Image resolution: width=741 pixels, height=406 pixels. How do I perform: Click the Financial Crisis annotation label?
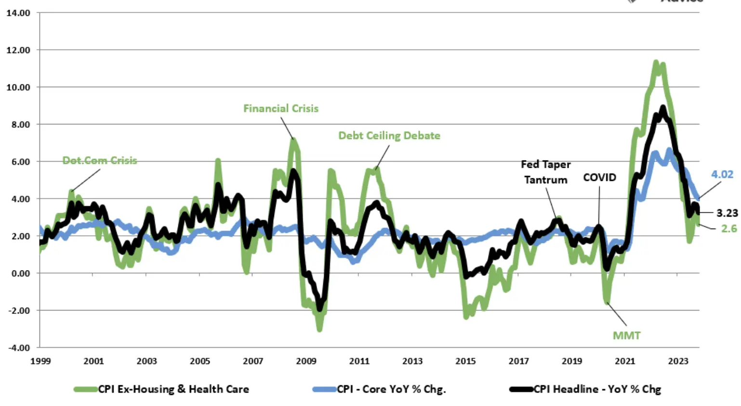pos(280,108)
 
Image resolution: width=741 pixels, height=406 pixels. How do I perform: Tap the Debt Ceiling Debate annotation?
pos(389,135)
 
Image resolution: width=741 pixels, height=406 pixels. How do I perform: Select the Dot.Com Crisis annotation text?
pos(100,161)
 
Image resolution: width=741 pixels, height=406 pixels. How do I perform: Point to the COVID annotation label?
pos(599,177)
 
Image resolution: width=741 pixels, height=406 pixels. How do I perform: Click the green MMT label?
pos(626,335)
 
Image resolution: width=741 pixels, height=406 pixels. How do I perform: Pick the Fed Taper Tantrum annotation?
pos(545,172)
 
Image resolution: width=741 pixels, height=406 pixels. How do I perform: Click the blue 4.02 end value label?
pos(722,174)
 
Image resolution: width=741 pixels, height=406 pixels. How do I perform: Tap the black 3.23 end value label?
pos(727,213)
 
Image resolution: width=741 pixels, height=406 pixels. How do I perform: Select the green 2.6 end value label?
pos(728,228)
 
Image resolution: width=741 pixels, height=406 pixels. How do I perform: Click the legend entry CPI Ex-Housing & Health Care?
pos(173,389)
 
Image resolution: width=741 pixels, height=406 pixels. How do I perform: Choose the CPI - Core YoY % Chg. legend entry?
pos(391,389)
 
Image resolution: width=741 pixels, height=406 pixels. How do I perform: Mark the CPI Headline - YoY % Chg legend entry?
pos(597,389)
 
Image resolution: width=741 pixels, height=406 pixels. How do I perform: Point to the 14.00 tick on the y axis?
pos(18,13)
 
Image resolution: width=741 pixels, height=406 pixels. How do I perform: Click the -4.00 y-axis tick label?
pos(18,348)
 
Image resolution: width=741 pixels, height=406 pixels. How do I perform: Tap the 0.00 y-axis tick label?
pos(19,273)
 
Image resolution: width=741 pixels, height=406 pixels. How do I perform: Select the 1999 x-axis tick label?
pos(40,361)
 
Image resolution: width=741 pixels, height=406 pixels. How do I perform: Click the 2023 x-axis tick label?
pos(678,361)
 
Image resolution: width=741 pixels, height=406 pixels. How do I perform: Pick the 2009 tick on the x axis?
pos(306,361)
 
